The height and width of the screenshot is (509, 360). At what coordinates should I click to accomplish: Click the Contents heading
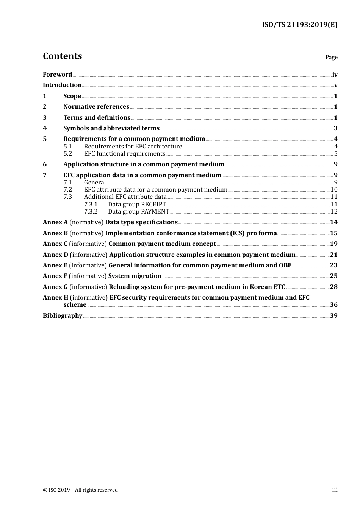tap(62, 56)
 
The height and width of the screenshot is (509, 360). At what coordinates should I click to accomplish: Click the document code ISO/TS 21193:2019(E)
tap(299, 25)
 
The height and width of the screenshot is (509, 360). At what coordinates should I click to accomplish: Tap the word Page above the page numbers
tap(331, 57)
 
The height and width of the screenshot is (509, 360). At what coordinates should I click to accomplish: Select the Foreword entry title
tap(57, 75)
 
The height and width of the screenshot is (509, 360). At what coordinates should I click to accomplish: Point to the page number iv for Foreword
tap(335, 75)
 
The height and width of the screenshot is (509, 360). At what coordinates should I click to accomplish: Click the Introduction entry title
tap(62, 85)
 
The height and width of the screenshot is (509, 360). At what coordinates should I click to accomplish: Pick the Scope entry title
tap(72, 96)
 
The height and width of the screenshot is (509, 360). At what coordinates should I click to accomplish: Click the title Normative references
tap(96, 107)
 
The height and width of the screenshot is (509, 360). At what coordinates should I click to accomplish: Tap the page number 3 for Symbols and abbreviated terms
tap(335, 128)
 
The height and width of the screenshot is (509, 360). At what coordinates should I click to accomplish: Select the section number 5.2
tap(67, 154)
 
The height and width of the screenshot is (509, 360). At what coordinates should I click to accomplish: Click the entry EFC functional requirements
tap(124, 154)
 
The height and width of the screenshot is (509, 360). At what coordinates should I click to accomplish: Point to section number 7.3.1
tap(91, 205)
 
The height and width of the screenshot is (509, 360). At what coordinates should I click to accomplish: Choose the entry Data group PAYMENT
tap(138, 212)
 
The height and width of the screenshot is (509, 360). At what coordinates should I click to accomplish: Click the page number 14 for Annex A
tap(333, 222)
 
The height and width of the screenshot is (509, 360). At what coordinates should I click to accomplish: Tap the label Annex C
tap(55, 244)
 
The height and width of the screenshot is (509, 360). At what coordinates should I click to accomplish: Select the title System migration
tap(135, 276)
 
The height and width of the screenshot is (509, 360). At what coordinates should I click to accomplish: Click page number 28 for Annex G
tap(333, 287)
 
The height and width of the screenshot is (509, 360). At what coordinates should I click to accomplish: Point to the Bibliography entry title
tap(63, 316)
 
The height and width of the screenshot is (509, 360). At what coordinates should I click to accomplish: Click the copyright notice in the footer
tap(80, 490)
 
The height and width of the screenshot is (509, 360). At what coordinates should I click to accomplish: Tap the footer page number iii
tap(335, 490)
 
